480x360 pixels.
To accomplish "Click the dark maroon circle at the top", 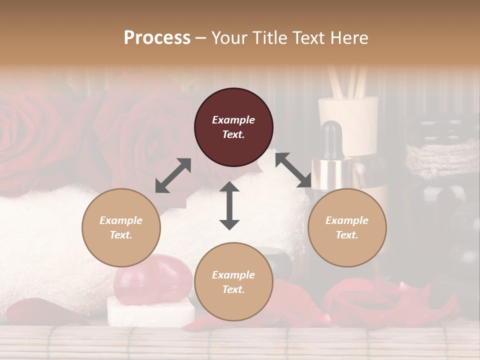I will (233, 127).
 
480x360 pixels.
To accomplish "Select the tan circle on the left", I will (121, 227).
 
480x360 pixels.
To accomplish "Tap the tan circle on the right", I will (347, 227).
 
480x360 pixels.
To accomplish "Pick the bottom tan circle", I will (233, 282).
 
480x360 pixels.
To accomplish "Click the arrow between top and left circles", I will (173, 175).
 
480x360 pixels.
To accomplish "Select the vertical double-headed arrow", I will (229, 206).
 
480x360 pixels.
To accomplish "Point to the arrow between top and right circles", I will (293, 170).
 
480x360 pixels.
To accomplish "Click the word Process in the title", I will (157, 38).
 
